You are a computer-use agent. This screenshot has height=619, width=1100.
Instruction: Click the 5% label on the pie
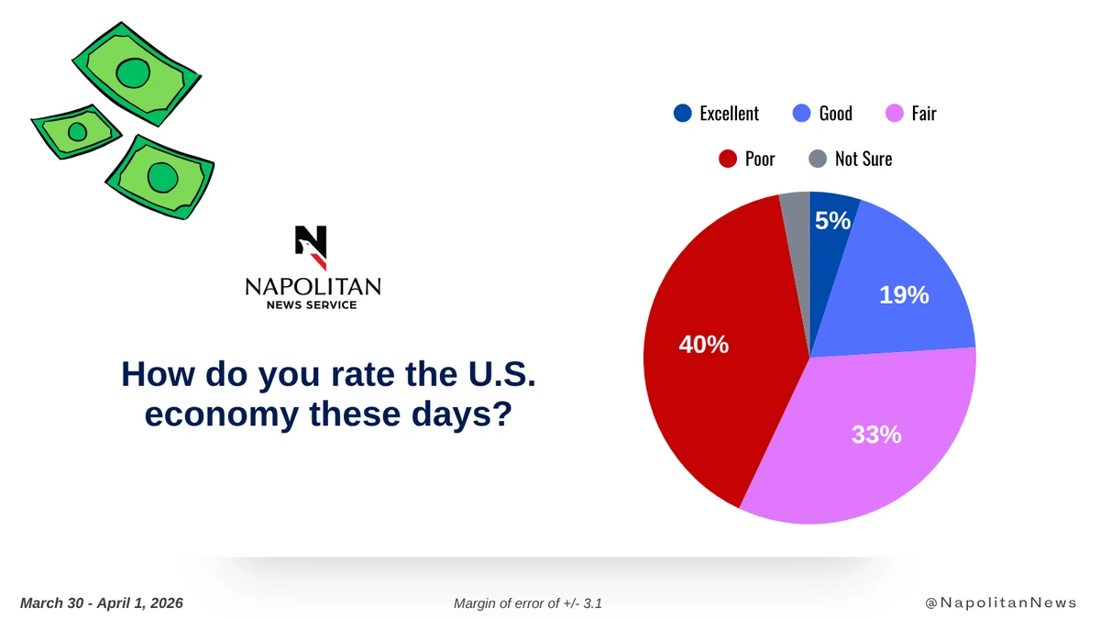click(832, 221)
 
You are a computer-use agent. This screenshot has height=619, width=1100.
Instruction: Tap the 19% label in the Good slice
click(904, 295)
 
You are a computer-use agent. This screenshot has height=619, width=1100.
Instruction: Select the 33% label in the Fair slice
click(876, 435)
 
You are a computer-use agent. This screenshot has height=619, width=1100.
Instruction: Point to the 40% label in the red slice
click(703, 345)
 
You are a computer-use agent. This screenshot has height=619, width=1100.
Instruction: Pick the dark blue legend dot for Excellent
click(683, 113)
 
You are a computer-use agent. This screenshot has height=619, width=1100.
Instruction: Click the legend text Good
click(835, 114)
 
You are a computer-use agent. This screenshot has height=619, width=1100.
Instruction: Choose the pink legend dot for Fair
click(895, 113)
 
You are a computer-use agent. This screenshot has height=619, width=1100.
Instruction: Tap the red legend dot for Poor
click(727, 159)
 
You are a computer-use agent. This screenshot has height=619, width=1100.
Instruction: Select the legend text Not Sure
click(863, 160)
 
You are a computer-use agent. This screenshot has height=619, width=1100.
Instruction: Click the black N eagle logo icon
click(311, 248)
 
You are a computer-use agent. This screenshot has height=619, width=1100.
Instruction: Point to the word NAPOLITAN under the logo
click(313, 286)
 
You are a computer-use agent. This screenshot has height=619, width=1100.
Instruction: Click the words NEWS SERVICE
click(312, 305)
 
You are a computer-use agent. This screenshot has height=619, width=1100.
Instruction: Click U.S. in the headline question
click(501, 374)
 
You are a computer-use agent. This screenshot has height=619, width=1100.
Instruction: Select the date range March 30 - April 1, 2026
click(101, 603)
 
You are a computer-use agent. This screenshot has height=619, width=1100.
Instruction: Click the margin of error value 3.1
click(592, 603)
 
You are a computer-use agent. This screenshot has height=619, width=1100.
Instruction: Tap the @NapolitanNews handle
click(1001, 602)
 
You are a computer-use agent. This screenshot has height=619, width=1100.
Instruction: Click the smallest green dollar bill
click(77, 132)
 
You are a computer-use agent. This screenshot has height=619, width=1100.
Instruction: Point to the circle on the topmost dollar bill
click(133, 73)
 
